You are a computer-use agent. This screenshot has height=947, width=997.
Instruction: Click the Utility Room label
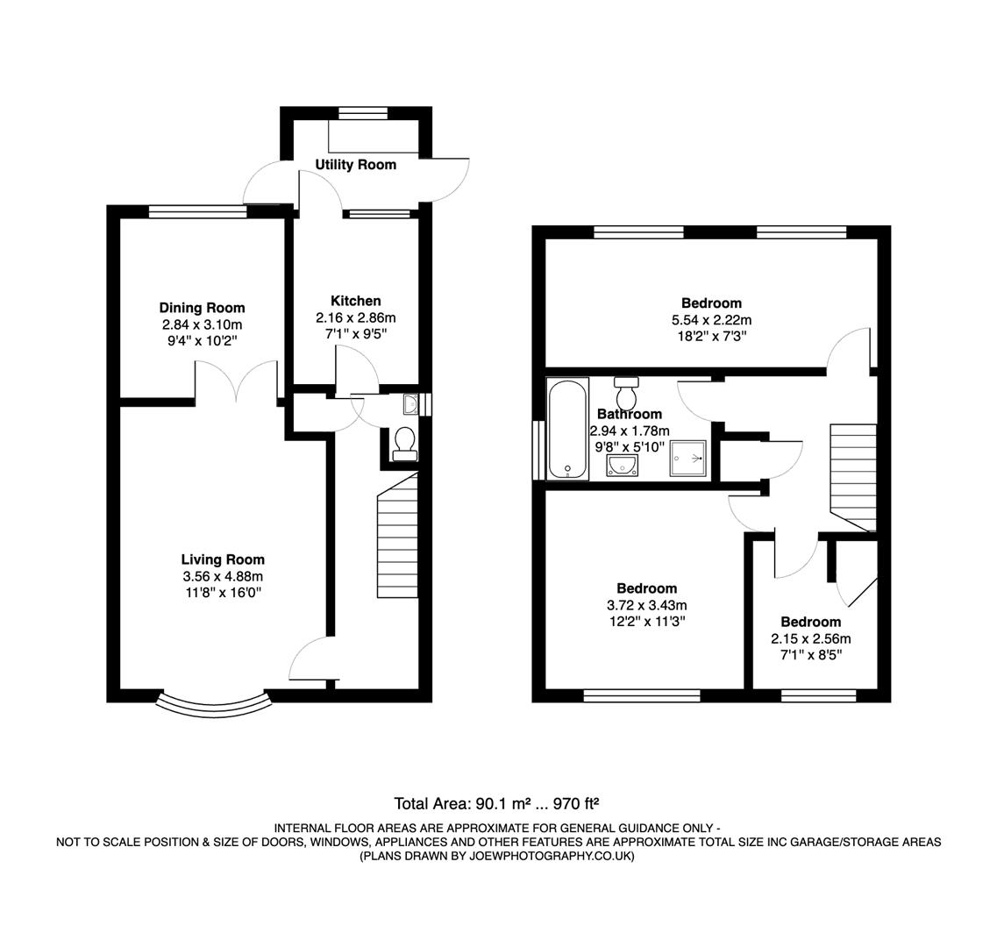(x=355, y=165)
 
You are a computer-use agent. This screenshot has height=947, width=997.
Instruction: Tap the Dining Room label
(x=202, y=308)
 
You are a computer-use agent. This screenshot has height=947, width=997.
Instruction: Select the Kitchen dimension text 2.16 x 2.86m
(x=356, y=317)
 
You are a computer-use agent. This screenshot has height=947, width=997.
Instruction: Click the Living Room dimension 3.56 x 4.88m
(x=223, y=576)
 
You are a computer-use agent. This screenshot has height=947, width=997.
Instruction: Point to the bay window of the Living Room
(x=213, y=701)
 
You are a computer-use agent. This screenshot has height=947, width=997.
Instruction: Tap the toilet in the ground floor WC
(x=404, y=443)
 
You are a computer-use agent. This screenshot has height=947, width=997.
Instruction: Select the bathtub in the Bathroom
(x=567, y=430)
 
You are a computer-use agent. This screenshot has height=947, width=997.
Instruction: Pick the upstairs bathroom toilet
(x=626, y=394)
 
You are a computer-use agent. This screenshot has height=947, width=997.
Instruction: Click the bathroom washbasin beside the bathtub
(x=624, y=466)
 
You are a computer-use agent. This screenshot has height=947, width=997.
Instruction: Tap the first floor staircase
(x=852, y=476)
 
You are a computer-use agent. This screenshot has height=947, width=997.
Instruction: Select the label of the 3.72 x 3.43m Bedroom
(x=646, y=588)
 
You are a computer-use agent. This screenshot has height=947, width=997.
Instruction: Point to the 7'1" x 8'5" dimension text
(x=811, y=654)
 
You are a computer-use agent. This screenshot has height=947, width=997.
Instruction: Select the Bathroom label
(x=629, y=415)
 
